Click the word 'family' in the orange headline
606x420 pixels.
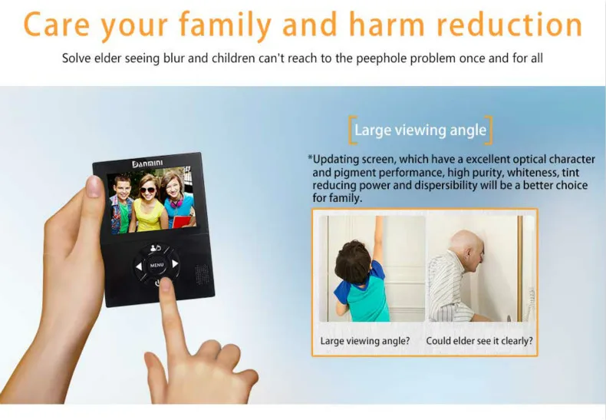[x=226, y=25]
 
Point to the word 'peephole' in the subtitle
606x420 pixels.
[x=381, y=58]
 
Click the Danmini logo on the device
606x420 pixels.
[x=147, y=164]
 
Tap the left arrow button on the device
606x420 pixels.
[x=139, y=266]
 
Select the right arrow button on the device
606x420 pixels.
[x=175, y=264]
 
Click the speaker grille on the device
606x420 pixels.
[x=201, y=274]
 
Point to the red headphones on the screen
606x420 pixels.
[x=176, y=201]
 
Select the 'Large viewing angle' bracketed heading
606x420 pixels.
[x=420, y=130]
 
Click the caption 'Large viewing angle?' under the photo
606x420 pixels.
[x=365, y=341]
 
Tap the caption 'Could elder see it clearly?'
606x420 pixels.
[x=479, y=341]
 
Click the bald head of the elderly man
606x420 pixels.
[x=466, y=242]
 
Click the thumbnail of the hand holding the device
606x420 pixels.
[x=94, y=187]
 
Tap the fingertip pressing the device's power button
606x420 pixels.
[x=166, y=284]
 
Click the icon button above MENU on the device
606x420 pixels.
[x=156, y=248]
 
